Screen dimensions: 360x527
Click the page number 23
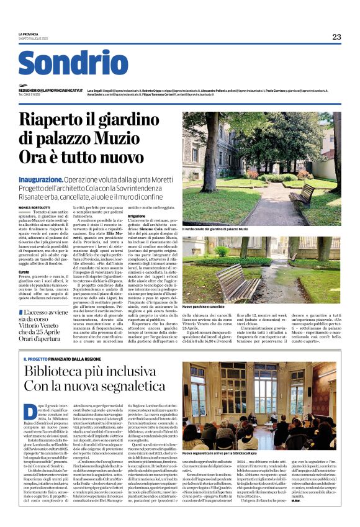[336, 37]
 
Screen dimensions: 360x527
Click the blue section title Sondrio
[73, 63]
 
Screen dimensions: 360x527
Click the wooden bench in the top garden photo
[303, 195]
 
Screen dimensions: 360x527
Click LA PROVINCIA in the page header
[29, 34]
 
